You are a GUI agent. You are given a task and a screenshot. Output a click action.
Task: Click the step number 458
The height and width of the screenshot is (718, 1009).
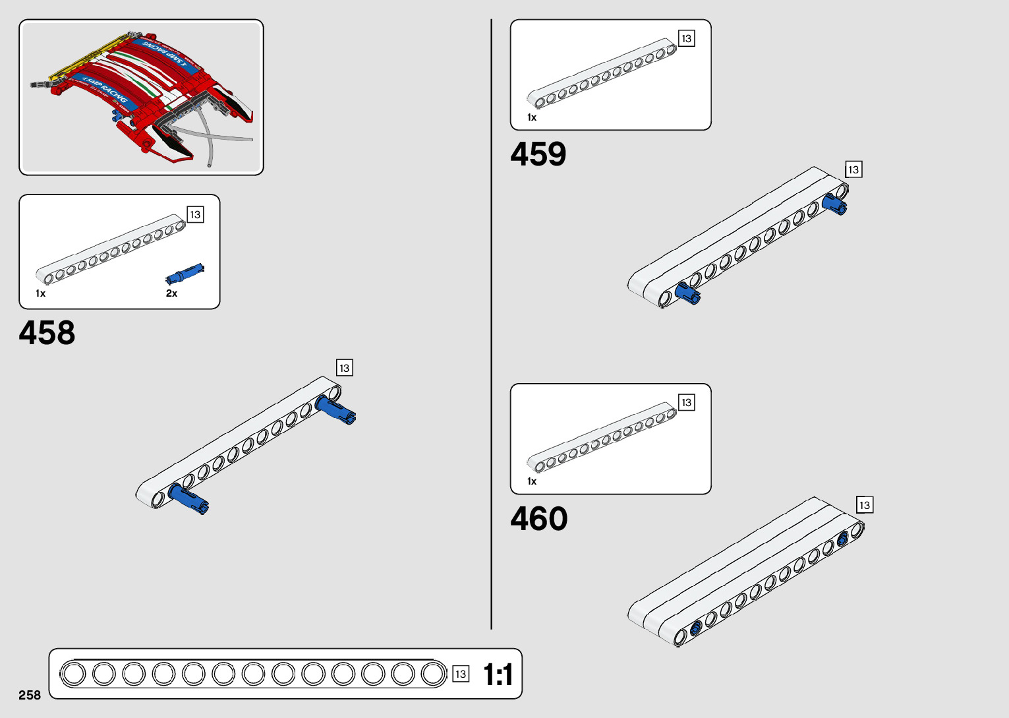click(x=47, y=333)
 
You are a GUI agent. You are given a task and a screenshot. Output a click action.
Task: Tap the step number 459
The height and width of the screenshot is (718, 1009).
click(x=538, y=154)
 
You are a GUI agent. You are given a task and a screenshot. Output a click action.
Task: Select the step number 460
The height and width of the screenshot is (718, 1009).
click(x=538, y=519)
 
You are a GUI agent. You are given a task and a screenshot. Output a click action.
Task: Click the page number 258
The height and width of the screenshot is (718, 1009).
click(x=30, y=695)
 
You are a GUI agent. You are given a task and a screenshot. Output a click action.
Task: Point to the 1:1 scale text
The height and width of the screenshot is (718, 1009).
click(x=498, y=674)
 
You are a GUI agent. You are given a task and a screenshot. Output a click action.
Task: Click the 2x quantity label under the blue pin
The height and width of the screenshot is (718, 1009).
click(x=171, y=293)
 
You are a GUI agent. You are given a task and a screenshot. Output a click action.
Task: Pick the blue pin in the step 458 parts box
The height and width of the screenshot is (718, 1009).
click(x=185, y=272)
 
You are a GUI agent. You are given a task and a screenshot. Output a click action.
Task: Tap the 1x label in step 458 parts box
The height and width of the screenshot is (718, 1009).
click(x=41, y=293)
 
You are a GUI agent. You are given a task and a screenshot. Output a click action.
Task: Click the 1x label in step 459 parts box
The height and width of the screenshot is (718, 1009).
click(x=532, y=117)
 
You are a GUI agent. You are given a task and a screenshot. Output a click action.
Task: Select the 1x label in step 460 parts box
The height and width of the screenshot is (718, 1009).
click(x=532, y=481)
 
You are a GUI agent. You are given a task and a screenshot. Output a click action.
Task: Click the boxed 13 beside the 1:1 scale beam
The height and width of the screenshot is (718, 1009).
click(x=461, y=674)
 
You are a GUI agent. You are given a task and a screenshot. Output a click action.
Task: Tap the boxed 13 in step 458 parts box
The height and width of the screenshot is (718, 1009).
click(x=195, y=215)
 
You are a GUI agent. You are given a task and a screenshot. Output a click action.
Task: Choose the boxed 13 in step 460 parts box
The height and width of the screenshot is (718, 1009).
click(x=686, y=403)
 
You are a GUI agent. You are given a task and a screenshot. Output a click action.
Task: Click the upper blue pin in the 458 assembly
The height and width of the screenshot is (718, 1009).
click(x=335, y=409)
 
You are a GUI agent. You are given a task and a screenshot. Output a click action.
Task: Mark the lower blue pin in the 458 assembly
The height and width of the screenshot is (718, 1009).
click(x=188, y=498)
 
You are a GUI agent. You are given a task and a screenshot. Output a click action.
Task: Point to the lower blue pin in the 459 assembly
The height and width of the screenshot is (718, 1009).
click(x=687, y=293)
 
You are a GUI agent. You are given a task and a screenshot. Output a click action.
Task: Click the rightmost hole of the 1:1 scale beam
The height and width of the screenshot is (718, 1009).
click(x=433, y=674)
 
